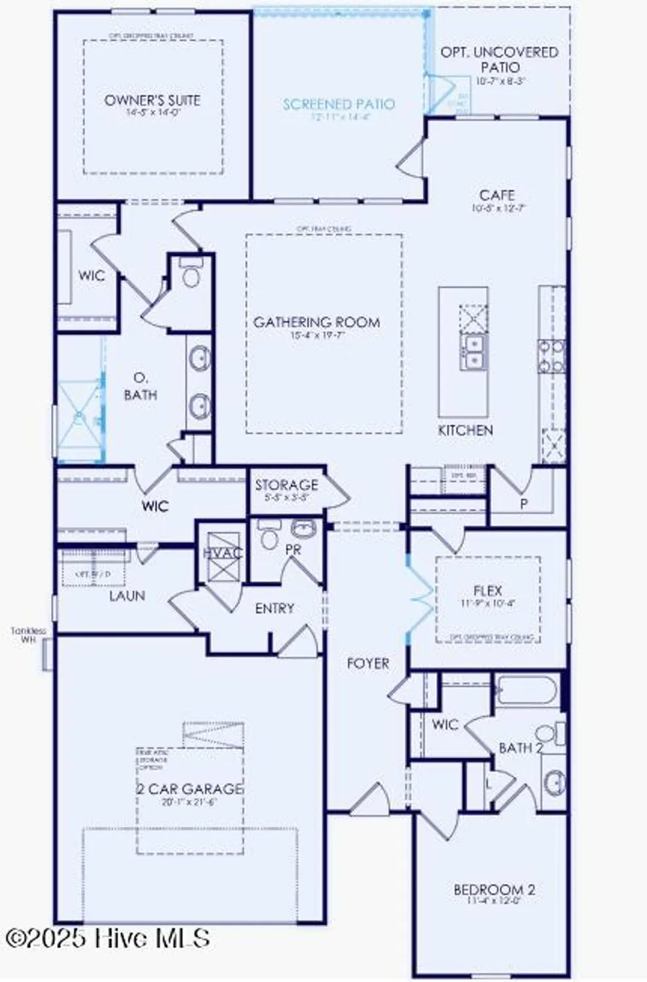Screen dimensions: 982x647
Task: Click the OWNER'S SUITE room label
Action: click(152, 101)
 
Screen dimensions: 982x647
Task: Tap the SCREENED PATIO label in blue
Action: click(339, 104)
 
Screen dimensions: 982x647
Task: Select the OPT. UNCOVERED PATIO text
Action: click(500, 60)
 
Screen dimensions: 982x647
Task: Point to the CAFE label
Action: click(497, 195)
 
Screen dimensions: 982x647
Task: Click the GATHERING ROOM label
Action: click(317, 322)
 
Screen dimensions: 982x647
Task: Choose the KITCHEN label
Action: click(465, 430)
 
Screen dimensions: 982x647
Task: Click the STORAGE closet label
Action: click(287, 485)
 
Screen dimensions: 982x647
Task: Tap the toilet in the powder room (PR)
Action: click(268, 537)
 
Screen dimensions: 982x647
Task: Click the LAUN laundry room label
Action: click(127, 596)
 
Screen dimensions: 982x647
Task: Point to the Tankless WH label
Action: click(28, 635)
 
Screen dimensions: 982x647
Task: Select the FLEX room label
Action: click(487, 591)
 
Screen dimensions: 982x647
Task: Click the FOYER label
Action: click(368, 664)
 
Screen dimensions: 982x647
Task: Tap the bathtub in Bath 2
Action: click(527, 691)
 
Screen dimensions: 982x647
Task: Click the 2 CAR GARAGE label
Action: click(190, 789)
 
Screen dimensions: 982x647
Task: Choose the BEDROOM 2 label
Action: click(494, 890)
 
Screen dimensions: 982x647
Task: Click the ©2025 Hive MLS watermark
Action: click(108, 938)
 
